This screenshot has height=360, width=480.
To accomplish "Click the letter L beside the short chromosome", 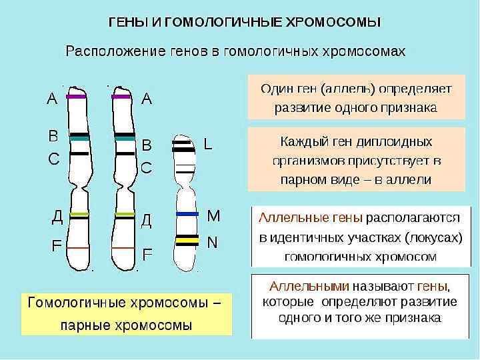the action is [209, 144].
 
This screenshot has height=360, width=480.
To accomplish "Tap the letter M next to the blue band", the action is [213, 215].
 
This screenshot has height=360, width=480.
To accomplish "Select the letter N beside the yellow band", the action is [212, 242].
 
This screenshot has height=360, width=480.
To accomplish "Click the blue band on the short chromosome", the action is [187, 214].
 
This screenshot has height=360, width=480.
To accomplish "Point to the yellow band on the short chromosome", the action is [187, 237].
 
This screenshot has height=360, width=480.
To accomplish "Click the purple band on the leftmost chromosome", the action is [77, 97].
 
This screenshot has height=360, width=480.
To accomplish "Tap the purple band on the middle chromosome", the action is [121, 97].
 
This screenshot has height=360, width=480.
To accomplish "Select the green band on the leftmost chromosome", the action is [79, 214].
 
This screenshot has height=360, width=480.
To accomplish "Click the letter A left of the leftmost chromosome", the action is [52, 99].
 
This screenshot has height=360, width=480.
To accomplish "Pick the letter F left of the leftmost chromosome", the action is [57, 245].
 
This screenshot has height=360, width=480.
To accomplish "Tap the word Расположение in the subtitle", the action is [111, 51].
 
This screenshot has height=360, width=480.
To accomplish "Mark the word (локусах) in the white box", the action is [431, 237].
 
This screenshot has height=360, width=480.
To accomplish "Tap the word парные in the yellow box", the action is [87, 326].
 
